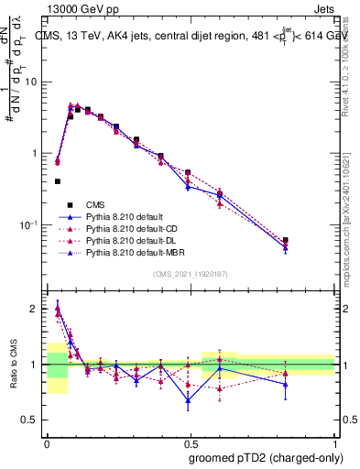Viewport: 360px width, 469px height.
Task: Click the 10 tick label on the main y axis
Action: [31, 82]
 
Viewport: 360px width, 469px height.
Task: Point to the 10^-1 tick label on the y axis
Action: [28, 224]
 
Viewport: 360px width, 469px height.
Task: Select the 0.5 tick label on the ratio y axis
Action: [32, 419]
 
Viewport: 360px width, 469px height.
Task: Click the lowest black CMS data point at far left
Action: [58, 181]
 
